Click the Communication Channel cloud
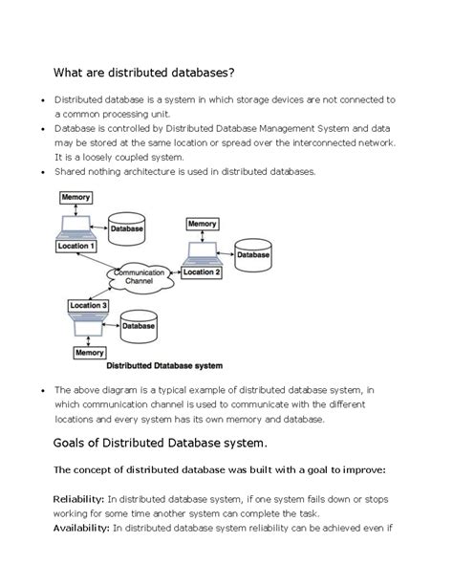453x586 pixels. tap(139, 277)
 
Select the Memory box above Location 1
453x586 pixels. tap(75, 197)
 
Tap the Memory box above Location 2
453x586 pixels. tap(202, 224)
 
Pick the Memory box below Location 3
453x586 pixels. tap(89, 353)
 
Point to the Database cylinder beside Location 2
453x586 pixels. tap(252, 254)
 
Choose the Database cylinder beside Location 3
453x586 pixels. tap(138, 325)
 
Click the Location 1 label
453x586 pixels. tap(76, 246)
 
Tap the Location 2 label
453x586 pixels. tap(202, 272)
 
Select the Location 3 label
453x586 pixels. tap(88, 305)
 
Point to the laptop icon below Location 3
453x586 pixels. tap(88, 327)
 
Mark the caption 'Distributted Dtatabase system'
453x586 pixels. tap(163, 365)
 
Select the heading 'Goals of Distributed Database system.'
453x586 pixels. tap(160, 443)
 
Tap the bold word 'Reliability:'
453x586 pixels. tap(78, 498)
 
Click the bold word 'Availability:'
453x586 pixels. tap(81, 528)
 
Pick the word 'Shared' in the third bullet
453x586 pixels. tap(72, 172)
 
